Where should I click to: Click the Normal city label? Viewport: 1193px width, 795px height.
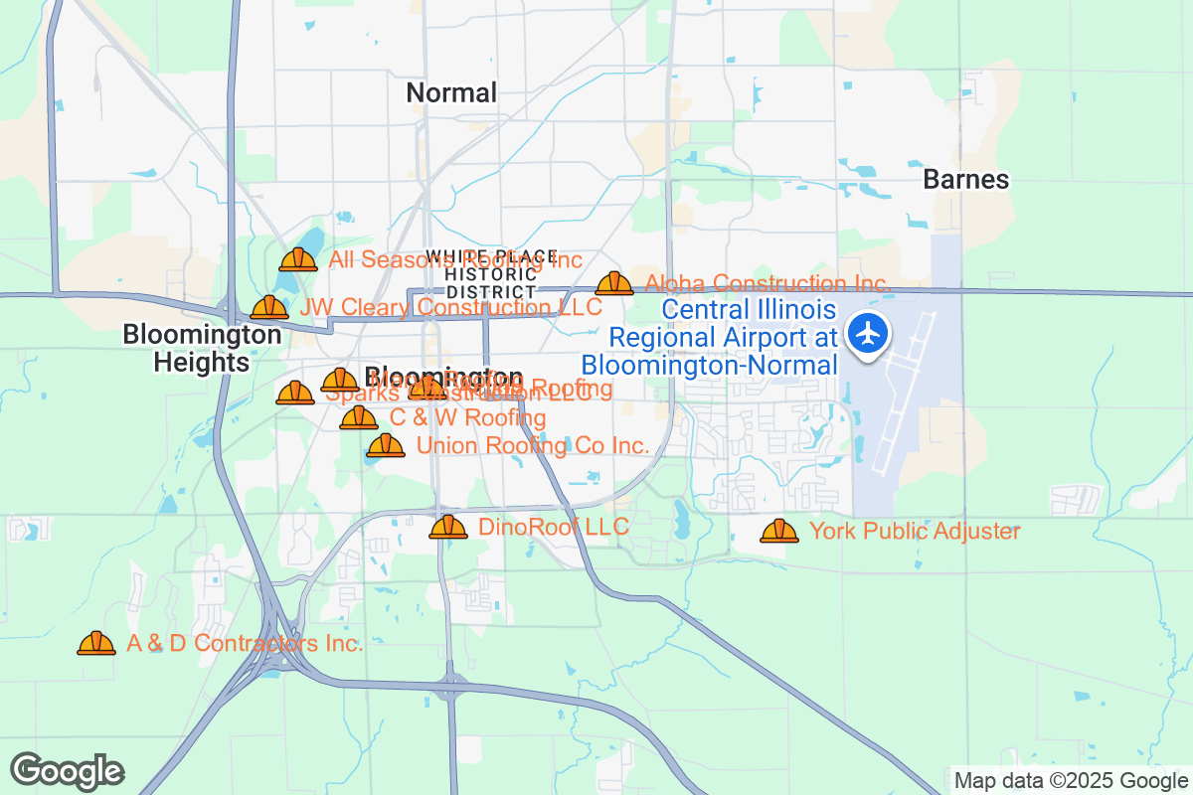click(451, 93)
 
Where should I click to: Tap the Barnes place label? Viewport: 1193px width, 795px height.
click(965, 180)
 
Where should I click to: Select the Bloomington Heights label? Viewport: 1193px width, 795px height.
click(202, 348)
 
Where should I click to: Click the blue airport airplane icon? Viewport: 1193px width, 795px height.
click(870, 333)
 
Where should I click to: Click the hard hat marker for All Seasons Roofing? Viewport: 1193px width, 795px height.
click(298, 260)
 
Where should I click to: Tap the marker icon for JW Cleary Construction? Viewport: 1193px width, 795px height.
click(269, 308)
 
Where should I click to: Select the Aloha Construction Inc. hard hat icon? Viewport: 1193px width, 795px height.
click(614, 284)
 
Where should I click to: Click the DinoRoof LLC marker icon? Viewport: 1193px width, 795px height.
click(448, 528)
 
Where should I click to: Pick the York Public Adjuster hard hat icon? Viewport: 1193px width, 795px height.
click(779, 532)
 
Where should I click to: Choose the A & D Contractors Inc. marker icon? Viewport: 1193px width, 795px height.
click(96, 644)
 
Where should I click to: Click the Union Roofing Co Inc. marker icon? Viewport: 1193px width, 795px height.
click(386, 446)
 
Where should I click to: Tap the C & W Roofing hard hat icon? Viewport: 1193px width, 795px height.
click(359, 418)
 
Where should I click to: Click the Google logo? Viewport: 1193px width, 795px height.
click(67, 771)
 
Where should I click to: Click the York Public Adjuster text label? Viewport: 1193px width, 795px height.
click(915, 532)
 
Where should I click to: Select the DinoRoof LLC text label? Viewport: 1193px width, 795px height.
click(554, 527)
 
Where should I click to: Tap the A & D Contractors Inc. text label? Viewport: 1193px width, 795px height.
click(245, 643)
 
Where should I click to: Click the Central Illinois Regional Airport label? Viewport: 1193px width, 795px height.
click(724, 338)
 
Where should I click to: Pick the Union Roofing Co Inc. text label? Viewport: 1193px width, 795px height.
click(533, 446)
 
